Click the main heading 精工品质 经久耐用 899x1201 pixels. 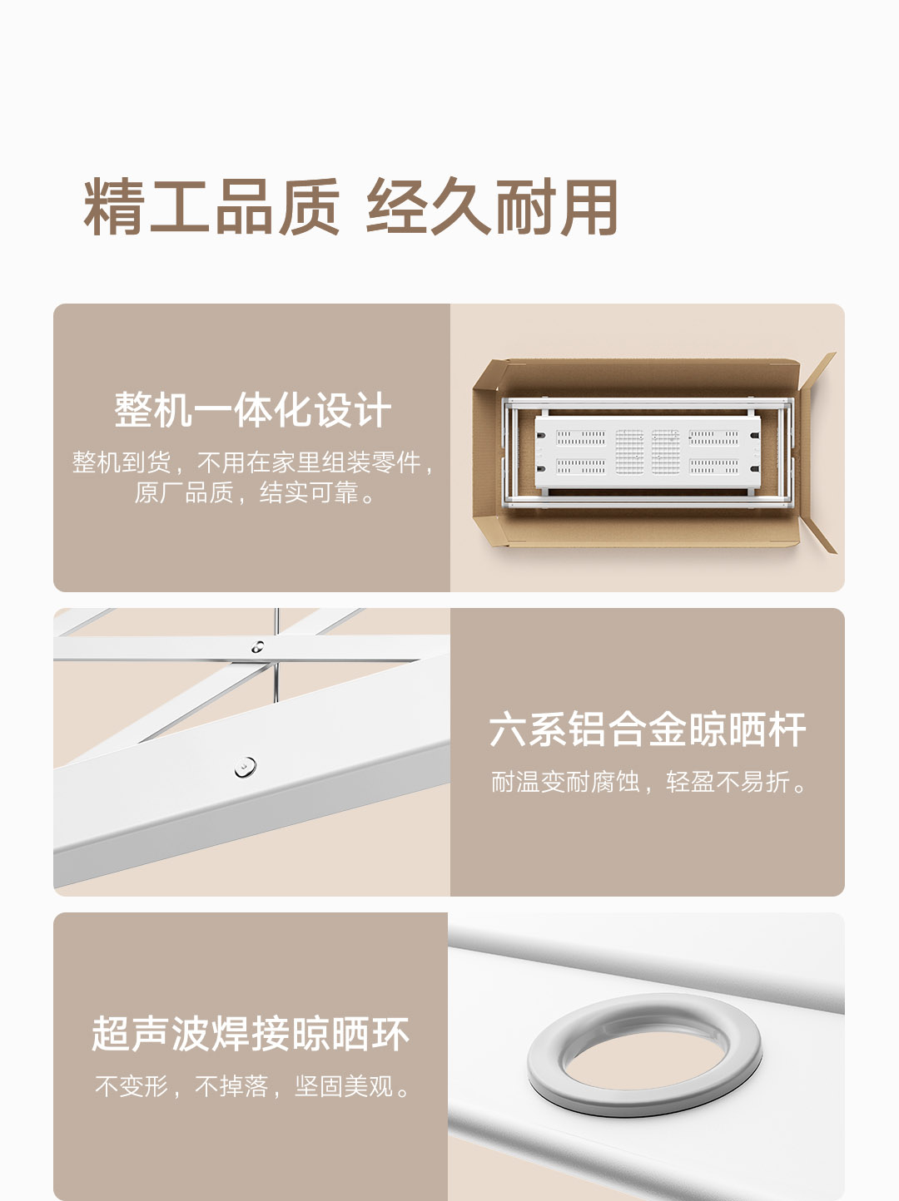[x=350, y=207]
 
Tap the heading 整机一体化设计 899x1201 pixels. [x=252, y=410]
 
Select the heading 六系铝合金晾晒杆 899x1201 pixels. [x=647, y=729]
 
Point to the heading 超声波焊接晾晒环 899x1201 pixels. [x=251, y=1033]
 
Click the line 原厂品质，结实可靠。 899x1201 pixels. [x=256, y=492]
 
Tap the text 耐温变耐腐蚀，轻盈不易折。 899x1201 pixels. [x=649, y=781]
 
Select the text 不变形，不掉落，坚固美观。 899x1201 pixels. [x=253, y=1085]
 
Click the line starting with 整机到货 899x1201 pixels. [x=253, y=463]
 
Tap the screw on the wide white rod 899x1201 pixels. [x=245, y=767]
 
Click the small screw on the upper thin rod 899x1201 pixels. [x=257, y=647]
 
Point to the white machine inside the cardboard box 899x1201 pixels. [x=648, y=452]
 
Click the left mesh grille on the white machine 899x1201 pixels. [x=629, y=452]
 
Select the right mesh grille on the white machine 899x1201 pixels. [x=666, y=452]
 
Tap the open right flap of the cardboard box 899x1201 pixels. [x=817, y=452]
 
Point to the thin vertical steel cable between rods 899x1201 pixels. [x=276, y=655]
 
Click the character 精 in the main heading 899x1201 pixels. [x=114, y=207]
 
